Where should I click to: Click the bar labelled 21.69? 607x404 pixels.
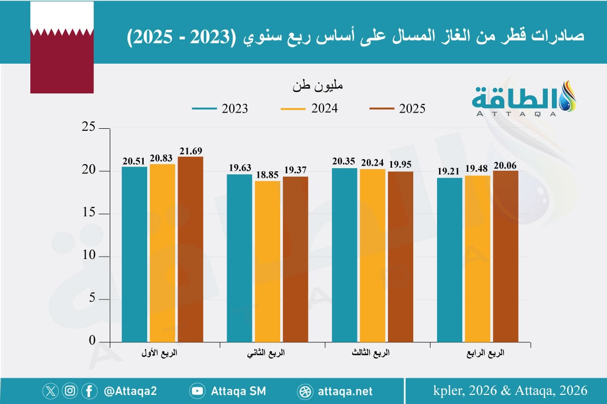190,249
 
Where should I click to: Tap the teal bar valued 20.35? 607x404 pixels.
344,255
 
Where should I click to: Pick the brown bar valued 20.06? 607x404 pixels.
506,256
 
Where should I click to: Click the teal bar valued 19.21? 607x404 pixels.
450,260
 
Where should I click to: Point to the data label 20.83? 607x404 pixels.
162,159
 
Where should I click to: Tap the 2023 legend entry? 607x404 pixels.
220,109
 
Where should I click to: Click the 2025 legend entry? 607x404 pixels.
397,109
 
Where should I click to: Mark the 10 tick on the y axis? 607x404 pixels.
90,257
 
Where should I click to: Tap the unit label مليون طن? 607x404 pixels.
318,86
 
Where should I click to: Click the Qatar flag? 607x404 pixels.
62,47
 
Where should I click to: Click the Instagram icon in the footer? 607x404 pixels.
70,391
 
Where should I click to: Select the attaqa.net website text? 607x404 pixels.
345,391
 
